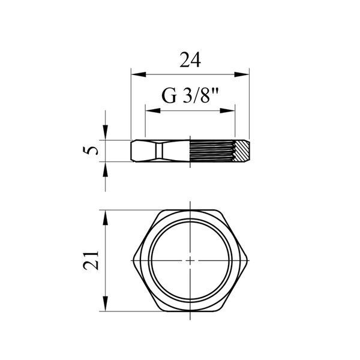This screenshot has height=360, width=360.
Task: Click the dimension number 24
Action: (x=190, y=60)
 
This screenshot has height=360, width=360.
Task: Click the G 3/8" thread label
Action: (x=190, y=96)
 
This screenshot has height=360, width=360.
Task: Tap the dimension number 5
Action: (x=90, y=151)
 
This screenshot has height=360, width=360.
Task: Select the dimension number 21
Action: (x=91, y=260)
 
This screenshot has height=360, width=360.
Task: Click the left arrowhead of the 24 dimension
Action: (x=139, y=74)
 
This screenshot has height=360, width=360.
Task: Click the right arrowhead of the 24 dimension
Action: (x=242, y=74)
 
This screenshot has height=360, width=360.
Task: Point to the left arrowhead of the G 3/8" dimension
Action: (x=153, y=110)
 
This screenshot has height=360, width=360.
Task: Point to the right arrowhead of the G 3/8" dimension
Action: (x=227, y=110)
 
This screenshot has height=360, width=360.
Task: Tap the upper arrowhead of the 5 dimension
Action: (x=106, y=132)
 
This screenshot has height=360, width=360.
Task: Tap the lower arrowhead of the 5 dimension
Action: (x=106, y=169)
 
